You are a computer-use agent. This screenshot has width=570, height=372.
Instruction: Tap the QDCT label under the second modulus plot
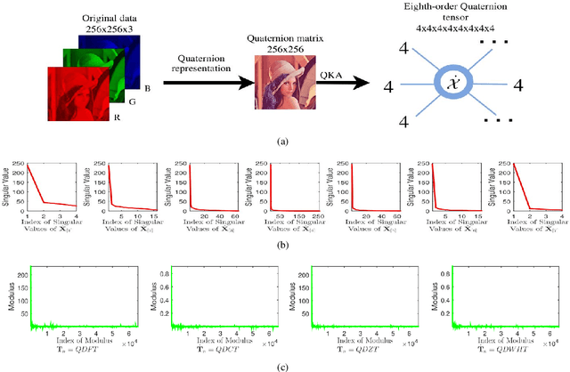pos(222,347)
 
